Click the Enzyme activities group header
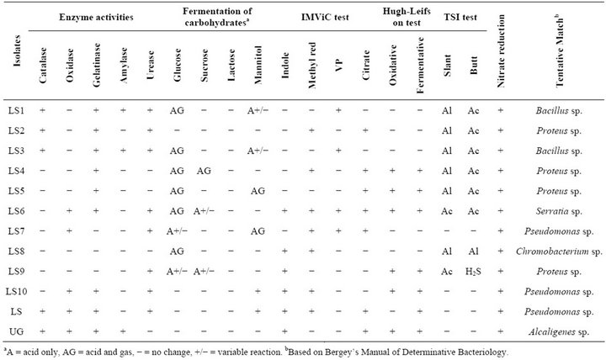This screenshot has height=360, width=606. (x=96, y=18)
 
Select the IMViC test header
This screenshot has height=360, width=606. (x=325, y=18)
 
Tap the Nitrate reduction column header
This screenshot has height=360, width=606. (x=501, y=51)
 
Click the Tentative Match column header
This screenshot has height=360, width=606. (x=560, y=52)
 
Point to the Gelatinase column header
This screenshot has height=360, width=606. (x=97, y=65)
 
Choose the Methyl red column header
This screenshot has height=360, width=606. (x=312, y=65)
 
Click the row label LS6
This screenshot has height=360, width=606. (x=16, y=211)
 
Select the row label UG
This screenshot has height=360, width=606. (x=16, y=331)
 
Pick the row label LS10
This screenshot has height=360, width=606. (x=16, y=291)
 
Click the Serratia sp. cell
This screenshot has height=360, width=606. (x=559, y=211)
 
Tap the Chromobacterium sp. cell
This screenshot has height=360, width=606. (x=559, y=251)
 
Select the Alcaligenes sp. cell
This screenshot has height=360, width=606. (x=559, y=331)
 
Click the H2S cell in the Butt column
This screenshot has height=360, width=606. (x=473, y=272)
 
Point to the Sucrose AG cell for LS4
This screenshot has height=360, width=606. (x=204, y=171)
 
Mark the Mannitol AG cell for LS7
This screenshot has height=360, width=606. (x=258, y=231)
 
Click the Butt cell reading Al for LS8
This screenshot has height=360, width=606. (x=473, y=251)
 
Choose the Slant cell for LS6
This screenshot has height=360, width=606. (x=447, y=211)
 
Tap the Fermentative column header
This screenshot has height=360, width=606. (x=420, y=65)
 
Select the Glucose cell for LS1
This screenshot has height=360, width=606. (x=177, y=110)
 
